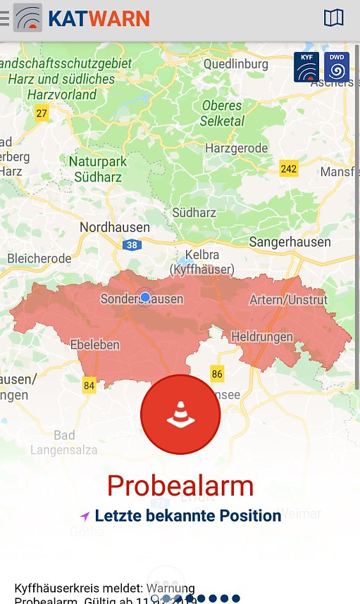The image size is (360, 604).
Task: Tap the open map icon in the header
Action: pos(333,18)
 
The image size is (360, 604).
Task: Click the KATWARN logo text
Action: pos(99,18)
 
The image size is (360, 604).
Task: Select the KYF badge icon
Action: pos(306,67)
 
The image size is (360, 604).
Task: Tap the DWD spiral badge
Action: pos(337,67)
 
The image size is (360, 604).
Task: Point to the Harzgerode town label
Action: pos(236,148)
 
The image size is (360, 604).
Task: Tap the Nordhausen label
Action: pos(115,227)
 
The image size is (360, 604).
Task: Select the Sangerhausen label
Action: pos(290,241)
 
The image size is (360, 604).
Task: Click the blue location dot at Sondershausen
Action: pos(145,298)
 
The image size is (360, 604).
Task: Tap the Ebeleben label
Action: pos(95,344)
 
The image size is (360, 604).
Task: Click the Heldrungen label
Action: pos(261,336)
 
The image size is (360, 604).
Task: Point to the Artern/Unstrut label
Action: pos(288,300)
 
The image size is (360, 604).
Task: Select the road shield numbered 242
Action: pos(289,169)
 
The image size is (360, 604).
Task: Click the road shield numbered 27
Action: pos(42,113)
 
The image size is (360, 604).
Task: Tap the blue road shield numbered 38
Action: pos(132,246)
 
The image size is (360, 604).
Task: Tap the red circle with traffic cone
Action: pos(180,415)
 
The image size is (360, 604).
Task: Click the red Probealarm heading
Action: pos(180,486)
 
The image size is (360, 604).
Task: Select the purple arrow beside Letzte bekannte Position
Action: pos(85,516)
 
